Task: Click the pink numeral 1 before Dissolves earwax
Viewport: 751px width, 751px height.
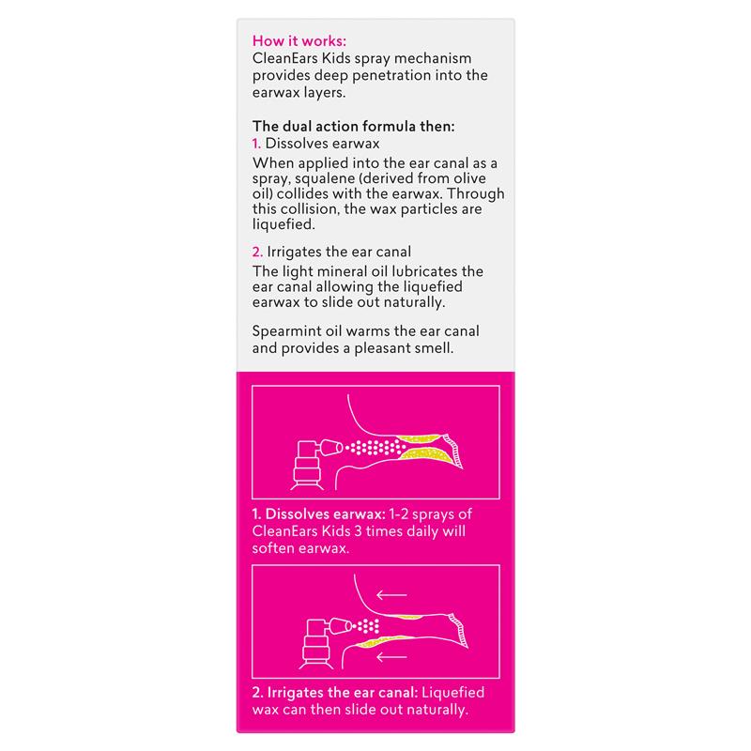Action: tap(257, 144)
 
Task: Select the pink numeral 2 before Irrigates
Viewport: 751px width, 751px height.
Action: tap(258, 253)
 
